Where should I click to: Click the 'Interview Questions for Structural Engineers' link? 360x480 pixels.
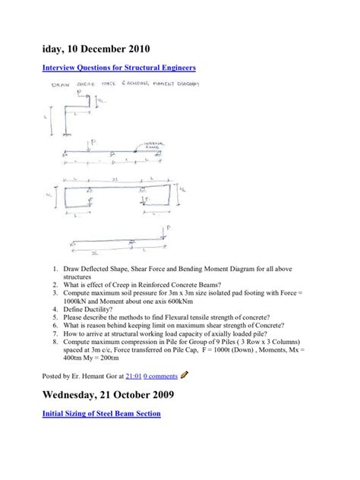coord(110,68)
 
